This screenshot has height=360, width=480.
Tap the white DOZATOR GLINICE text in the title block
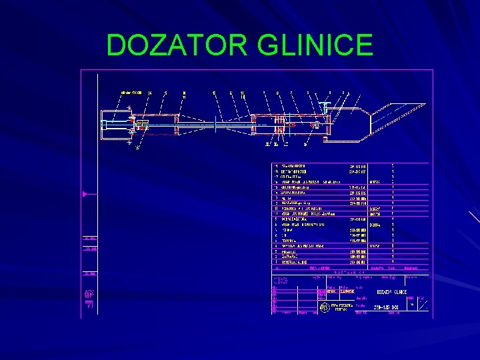coord(393,291)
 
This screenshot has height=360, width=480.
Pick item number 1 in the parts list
coord(275,262)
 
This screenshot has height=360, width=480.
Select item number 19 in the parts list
coord(275,165)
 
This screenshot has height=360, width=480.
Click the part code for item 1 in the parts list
coord(359,262)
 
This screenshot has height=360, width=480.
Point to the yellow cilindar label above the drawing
coord(131,92)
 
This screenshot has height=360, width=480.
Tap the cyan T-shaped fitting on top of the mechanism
coord(324,105)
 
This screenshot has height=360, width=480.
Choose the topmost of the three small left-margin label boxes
coord(90,238)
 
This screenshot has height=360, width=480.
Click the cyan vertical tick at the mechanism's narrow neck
coord(214,124)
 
